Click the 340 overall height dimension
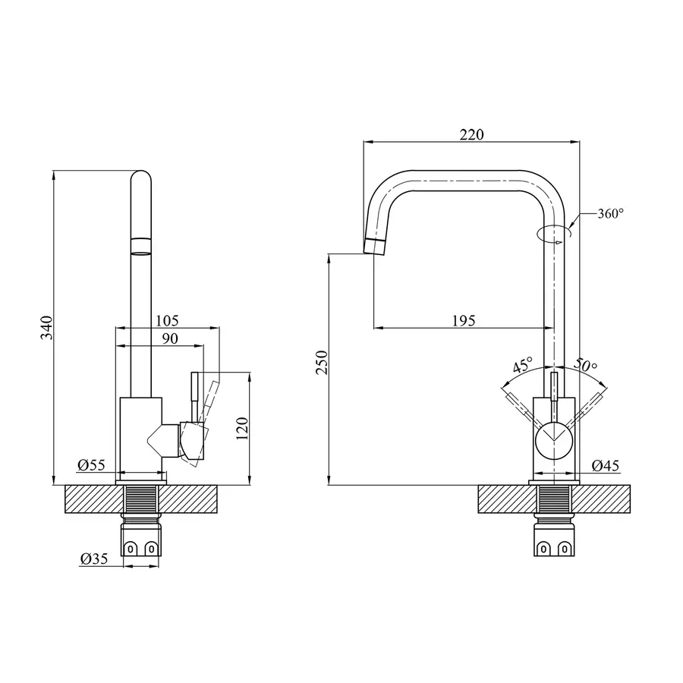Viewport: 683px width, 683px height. tap(46, 326)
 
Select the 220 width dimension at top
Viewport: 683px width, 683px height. tap(471, 134)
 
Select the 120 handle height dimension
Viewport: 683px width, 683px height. tap(244, 429)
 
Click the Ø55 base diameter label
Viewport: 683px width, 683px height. tap(90, 465)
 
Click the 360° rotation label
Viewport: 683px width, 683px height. tap(610, 214)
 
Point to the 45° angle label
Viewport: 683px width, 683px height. tap(523, 365)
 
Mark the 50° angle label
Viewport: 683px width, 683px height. tap(587, 365)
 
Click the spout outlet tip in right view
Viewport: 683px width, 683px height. tap(375, 247)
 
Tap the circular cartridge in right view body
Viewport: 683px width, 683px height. tap(554, 439)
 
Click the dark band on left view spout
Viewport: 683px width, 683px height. tap(141, 244)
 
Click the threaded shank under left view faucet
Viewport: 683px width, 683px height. tap(141, 502)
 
